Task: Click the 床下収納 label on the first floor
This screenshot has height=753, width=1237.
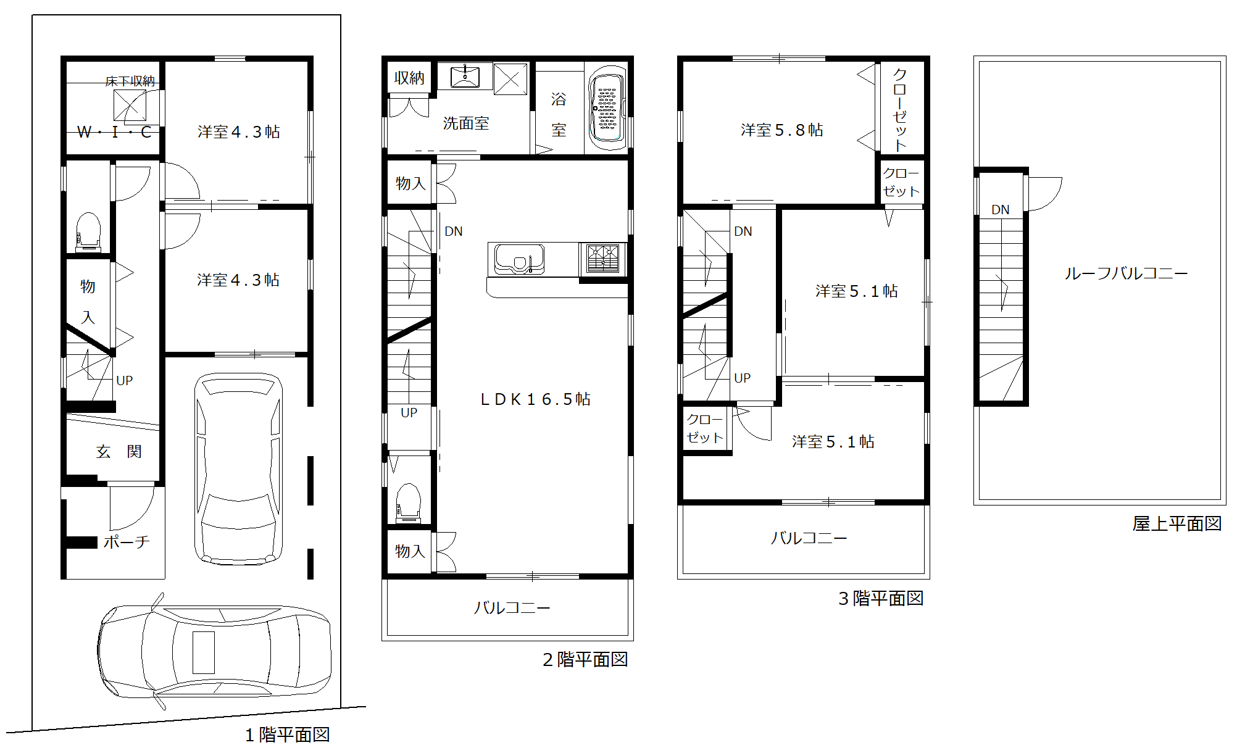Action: tap(130, 81)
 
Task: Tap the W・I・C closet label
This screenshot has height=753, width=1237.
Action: tap(115, 132)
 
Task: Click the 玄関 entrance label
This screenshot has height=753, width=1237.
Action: tap(119, 452)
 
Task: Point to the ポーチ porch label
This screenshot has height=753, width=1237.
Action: tap(127, 542)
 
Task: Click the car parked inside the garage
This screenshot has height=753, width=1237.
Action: tap(238, 468)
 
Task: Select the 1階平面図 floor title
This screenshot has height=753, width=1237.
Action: tap(288, 734)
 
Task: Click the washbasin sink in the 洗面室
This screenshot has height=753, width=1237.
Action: tap(465, 77)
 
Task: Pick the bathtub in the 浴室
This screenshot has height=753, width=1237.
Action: tap(607, 108)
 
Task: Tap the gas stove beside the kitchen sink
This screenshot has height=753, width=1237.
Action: tap(603, 259)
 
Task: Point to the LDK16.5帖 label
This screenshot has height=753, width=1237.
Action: tap(535, 399)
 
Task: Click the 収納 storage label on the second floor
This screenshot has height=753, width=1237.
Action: tap(409, 78)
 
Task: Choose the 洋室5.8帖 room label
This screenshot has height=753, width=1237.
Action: tap(782, 130)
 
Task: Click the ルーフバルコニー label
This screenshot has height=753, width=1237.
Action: tap(1126, 273)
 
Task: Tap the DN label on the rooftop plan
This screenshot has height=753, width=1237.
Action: tap(1001, 210)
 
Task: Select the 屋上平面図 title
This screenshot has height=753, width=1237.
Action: tap(1177, 524)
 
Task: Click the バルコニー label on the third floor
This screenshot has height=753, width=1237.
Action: tap(809, 538)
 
